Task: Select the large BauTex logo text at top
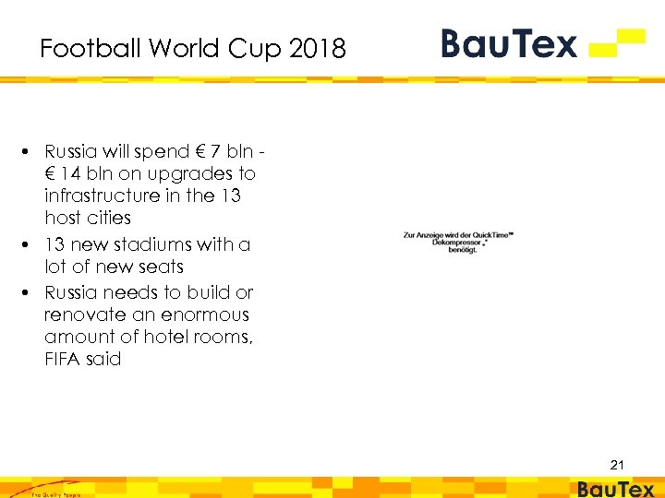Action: pos(509,43)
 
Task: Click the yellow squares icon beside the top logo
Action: pos(619,42)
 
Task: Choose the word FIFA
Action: pos(63,359)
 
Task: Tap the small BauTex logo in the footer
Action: pos(615,489)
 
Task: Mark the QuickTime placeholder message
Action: pos(458,243)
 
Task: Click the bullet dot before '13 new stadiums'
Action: pos(30,244)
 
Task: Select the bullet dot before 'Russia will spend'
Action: pos(30,151)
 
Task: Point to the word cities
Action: pos(109,219)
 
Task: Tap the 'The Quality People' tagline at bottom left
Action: pos(55,494)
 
